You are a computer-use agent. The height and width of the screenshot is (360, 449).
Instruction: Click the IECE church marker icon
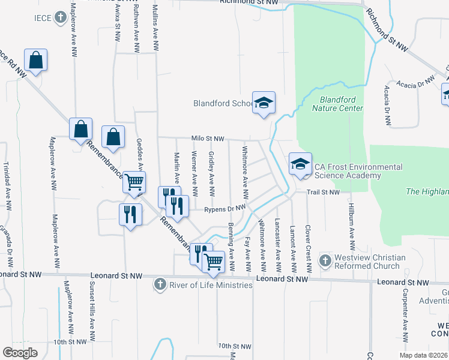60,18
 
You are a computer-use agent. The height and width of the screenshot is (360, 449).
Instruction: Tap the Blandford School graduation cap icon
264,103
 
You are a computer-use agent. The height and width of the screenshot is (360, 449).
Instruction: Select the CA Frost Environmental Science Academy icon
300,163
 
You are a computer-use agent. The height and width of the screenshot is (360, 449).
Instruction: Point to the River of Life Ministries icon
160,284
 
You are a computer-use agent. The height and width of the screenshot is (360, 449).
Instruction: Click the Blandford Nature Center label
337,104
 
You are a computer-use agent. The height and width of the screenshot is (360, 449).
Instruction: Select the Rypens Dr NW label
225,209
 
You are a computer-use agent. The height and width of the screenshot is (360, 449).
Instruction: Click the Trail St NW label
324,193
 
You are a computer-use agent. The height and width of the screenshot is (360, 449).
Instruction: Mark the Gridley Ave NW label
211,173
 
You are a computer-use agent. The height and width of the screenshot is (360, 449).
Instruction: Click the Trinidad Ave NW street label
7,187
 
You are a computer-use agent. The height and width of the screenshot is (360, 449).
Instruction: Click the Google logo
20,353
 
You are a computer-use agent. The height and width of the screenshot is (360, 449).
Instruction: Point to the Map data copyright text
422,355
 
